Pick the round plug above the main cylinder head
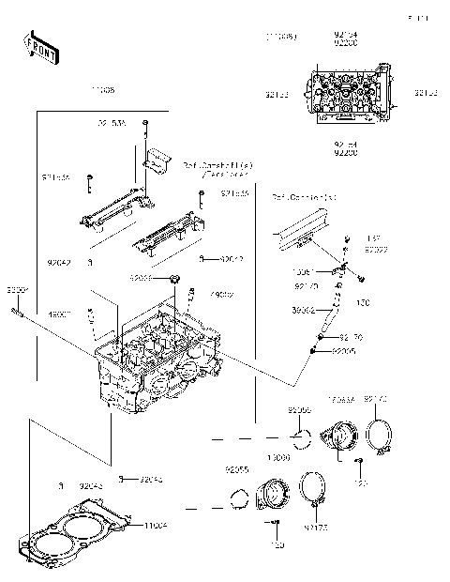(x=175, y=280)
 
